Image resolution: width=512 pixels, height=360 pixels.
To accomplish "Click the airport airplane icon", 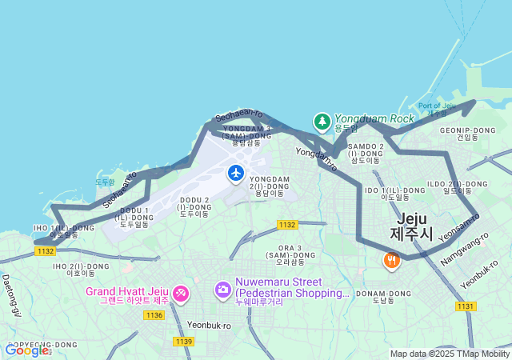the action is (x=236, y=173).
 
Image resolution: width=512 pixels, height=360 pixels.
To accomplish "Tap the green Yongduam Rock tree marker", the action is (x=322, y=122).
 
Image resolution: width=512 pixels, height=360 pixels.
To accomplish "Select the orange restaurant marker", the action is (x=391, y=261).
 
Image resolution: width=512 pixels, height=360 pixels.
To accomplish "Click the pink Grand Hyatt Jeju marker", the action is (x=180, y=294).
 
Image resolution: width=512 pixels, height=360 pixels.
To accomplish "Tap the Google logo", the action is (x=26, y=350).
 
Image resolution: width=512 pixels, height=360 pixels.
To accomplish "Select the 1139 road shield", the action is (x=183, y=342).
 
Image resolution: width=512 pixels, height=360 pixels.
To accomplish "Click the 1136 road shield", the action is (x=154, y=315).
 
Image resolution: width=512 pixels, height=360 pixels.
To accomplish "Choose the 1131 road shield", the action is (x=466, y=306).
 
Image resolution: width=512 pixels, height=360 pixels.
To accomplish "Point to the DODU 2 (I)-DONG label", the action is (x=194, y=206).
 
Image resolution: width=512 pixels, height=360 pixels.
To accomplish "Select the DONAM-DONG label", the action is (x=383, y=297).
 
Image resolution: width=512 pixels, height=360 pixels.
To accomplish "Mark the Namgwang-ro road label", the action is (x=464, y=250).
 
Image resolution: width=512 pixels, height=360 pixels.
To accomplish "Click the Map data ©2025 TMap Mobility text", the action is (x=450, y=354).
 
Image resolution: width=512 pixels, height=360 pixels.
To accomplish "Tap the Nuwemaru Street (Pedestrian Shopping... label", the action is (x=292, y=287).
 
